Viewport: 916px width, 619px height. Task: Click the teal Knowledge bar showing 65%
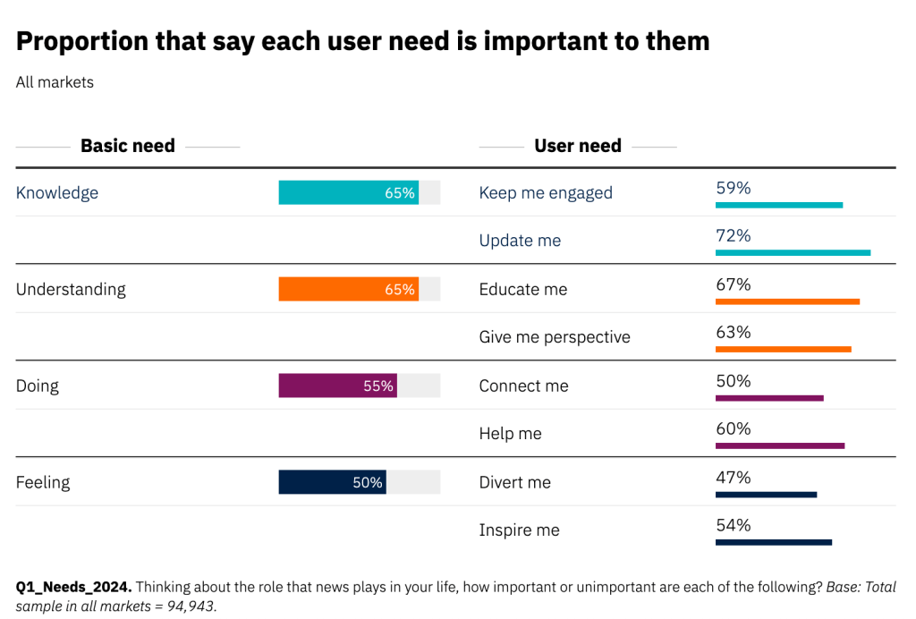[349, 192]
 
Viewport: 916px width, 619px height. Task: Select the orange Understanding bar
[349, 289]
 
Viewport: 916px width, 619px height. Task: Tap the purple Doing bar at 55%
[337, 386]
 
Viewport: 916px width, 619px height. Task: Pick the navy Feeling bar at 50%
[332, 482]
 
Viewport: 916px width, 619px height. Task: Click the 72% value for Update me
[734, 236]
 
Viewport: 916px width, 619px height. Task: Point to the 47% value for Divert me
[734, 478]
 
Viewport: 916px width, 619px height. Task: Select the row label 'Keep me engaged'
[546, 192]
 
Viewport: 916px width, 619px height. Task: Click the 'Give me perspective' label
[555, 337]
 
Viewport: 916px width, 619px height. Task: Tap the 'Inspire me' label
[519, 530]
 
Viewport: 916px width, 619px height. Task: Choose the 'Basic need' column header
[128, 146]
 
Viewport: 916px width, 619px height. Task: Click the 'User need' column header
[578, 146]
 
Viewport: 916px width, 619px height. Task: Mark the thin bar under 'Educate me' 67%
[787, 301]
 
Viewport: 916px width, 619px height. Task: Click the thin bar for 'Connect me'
[769, 398]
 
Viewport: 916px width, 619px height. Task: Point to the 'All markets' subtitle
[55, 82]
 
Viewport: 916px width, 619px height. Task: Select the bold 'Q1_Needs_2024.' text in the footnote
[73, 588]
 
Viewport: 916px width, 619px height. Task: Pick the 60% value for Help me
[734, 429]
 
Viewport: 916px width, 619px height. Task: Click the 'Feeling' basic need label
[43, 482]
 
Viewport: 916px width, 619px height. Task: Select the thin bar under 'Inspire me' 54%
[774, 542]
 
